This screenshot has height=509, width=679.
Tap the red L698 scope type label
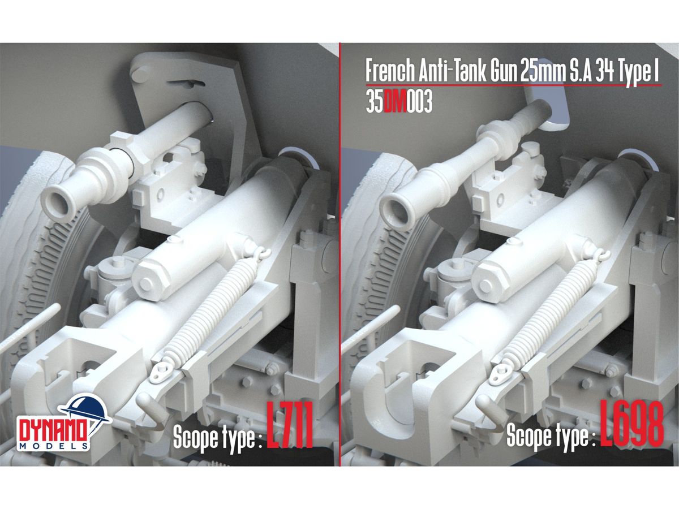point(632,424)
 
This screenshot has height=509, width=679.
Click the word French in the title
point(390,72)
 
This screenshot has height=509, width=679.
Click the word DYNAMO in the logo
point(53,431)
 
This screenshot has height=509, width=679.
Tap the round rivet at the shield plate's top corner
point(140,74)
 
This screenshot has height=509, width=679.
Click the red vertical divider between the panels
point(340,255)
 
